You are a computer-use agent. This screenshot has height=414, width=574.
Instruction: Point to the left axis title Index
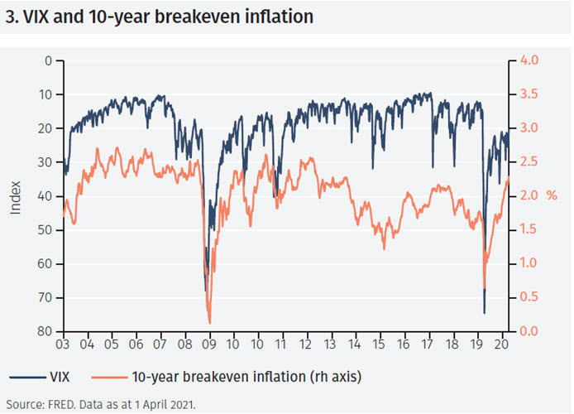point(16,196)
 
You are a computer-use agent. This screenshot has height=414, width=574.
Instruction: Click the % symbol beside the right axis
point(552,196)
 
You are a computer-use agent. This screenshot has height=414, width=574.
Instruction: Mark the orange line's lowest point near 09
point(209,322)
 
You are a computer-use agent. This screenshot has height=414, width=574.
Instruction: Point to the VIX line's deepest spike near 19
point(484,312)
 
